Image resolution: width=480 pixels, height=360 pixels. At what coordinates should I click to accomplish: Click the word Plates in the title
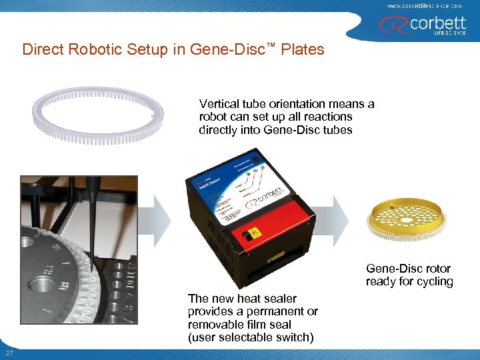[x=303, y=50]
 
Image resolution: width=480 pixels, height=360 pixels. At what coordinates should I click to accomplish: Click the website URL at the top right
[x=424, y=5]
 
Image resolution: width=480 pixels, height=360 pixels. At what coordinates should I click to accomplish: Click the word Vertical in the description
[x=220, y=104]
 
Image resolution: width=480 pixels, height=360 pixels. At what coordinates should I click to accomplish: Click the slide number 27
[x=9, y=353]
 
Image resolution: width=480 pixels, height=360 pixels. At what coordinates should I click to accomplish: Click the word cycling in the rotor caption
[x=434, y=281]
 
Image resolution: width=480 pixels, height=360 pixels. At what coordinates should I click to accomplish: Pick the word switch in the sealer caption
[x=295, y=337]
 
